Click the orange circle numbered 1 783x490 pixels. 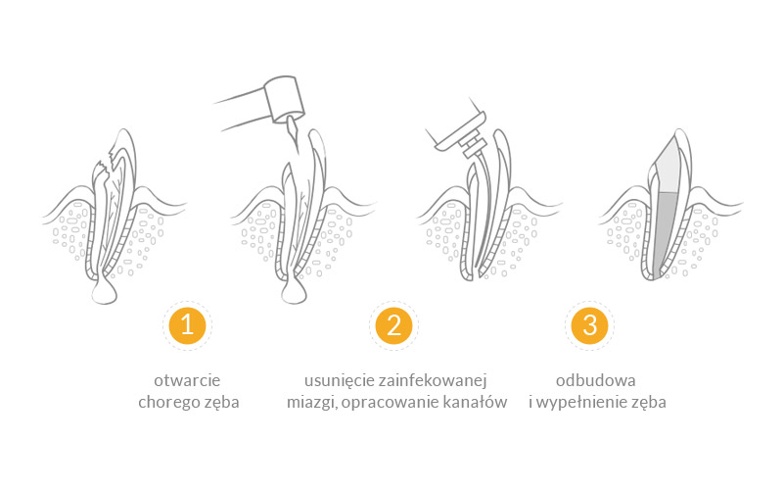tap(187, 325)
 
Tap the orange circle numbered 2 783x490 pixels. tap(393, 325)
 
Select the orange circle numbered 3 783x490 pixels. tap(589, 325)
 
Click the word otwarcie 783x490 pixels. tap(187, 380)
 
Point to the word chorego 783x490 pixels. tap(167, 403)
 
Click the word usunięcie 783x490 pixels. tap(340, 380)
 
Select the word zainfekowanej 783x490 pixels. tap(433, 380)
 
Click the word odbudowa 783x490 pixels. tap(596, 380)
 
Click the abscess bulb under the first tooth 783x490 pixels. tap(105, 291)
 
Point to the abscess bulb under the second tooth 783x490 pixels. tap(294, 291)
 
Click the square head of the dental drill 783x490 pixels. tap(284, 99)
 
